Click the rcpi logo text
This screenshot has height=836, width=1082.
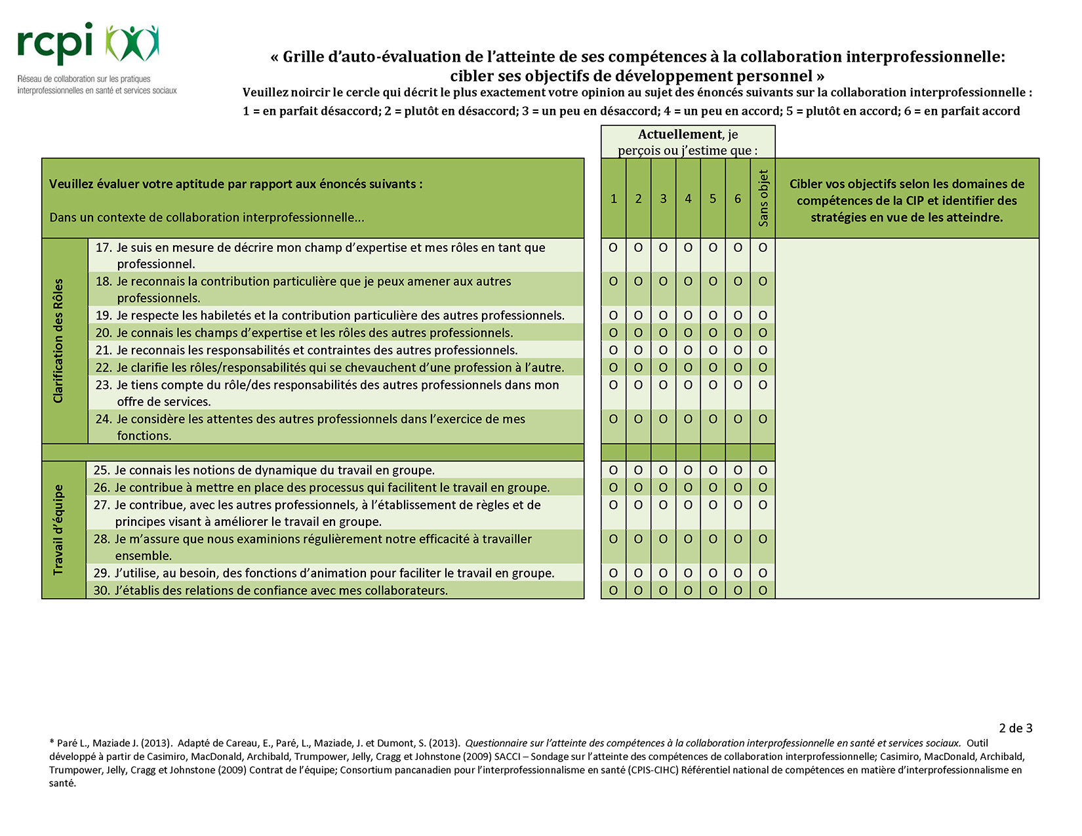[55, 45]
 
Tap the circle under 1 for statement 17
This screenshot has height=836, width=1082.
[613, 248]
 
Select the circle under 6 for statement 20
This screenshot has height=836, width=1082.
[738, 333]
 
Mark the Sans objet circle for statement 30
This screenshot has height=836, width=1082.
[763, 591]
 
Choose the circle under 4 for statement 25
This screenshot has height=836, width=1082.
[688, 471]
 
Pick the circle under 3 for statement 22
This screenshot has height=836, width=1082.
[663, 368]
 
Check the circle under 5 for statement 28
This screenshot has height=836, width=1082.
[713, 540]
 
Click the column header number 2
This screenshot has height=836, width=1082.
[638, 199]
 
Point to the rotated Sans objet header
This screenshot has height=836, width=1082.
[763, 198]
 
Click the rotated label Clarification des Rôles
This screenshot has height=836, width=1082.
[59, 341]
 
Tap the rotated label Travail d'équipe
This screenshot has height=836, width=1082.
[59, 530]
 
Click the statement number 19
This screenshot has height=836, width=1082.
[103, 316]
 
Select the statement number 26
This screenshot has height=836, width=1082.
[101, 488]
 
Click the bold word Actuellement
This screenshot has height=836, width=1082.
[679, 134]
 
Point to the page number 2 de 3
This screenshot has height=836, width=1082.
[1015, 728]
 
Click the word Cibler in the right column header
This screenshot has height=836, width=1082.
[806, 184]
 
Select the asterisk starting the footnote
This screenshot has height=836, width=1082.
[51, 743]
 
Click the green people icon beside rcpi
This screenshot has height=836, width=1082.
[132, 45]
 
